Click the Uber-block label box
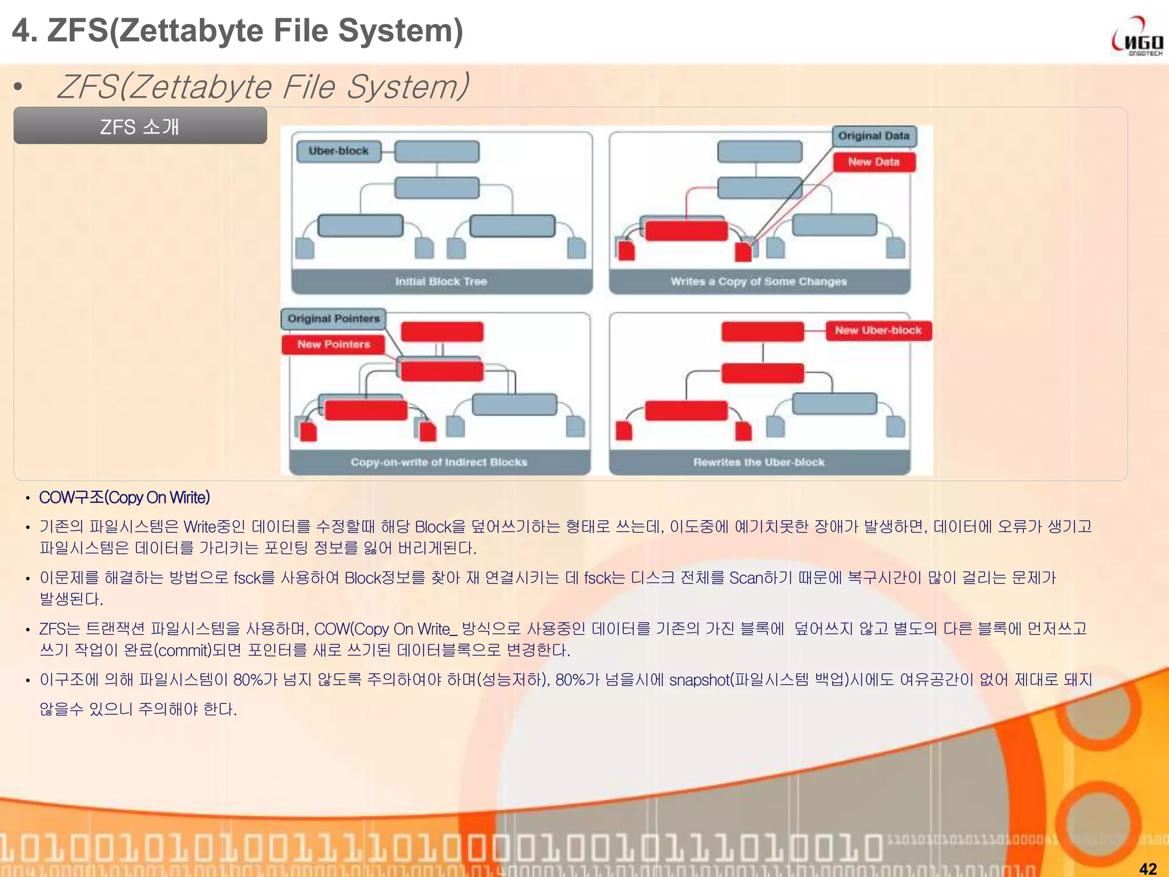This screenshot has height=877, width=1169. tap(338, 151)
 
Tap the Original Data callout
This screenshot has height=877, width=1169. tap(873, 136)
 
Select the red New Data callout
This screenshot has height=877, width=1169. tap(873, 162)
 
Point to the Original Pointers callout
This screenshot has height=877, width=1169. tap(333, 319)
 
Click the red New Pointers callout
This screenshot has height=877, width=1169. tap(333, 344)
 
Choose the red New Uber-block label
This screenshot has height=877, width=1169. tap(878, 331)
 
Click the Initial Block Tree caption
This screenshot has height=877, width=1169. tap(441, 281)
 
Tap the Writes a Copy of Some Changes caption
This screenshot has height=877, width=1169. tap(759, 281)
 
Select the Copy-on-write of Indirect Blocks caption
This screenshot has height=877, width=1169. tap(439, 462)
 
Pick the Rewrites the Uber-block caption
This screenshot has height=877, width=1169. tap(759, 462)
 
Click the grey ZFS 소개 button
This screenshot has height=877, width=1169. tap(140, 126)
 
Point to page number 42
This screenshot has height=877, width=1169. tap(1147, 868)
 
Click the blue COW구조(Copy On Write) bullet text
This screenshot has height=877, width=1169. tap(124, 498)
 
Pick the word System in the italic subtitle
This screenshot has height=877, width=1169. tap(406, 87)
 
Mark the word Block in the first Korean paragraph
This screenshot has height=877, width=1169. tap(432, 526)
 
